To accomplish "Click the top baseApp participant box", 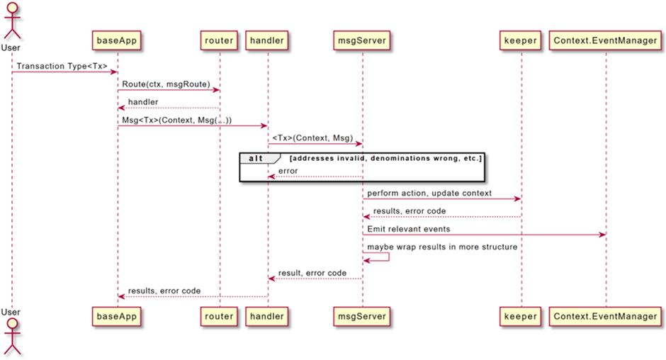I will [x=118, y=40].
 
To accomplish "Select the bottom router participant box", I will [x=219, y=316].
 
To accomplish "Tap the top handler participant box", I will [x=267, y=40].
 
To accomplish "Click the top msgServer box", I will [x=362, y=40].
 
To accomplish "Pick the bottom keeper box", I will [x=521, y=316].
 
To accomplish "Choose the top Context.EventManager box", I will [x=606, y=40].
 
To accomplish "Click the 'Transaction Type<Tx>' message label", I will [x=62, y=66].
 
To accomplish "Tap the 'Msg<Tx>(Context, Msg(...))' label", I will [x=176, y=120].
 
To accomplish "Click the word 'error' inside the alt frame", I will [x=288, y=171].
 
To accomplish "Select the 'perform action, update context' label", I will [x=430, y=193].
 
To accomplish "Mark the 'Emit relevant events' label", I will [x=408, y=230].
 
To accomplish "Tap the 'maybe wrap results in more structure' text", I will [x=442, y=247].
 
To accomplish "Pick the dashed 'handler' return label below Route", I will [x=143, y=102].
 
